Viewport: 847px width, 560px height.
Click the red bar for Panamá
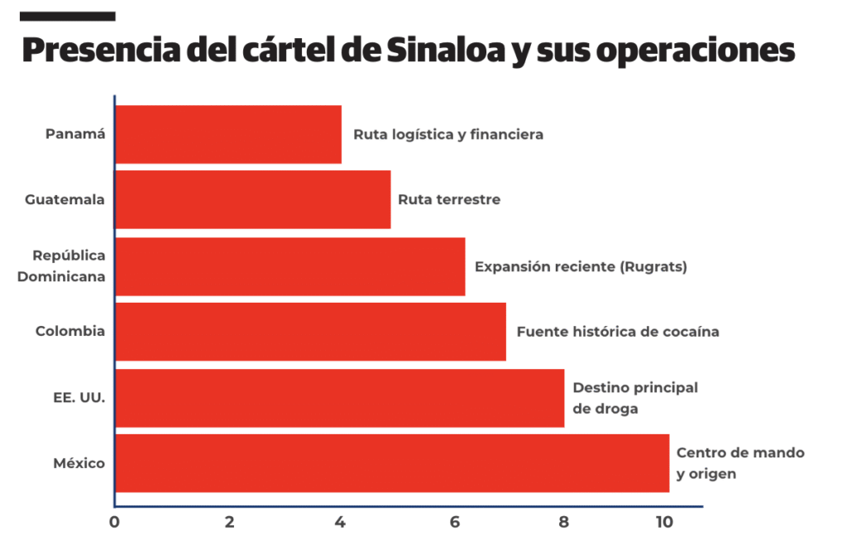pos(228,134)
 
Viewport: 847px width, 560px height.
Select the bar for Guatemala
pos(252,199)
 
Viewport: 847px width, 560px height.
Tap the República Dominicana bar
pos(290,266)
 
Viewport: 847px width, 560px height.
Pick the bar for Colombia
pos(310,332)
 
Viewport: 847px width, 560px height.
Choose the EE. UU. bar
pos(339,398)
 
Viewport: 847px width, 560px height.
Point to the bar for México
pos(391,463)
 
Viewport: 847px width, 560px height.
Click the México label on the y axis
pos(79,463)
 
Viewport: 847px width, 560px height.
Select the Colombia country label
pos(70,331)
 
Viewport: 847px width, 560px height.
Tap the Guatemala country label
pos(65,199)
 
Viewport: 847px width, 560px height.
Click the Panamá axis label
pos(75,134)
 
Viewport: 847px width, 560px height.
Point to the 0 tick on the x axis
pos(114,522)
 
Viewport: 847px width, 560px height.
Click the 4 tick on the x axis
pos(339,522)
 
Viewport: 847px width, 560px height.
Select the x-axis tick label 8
pos(563,522)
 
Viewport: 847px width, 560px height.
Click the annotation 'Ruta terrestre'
pos(449,199)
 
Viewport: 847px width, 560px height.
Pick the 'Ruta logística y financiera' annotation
pos(448,134)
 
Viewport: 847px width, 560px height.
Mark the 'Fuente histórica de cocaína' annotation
pos(618,332)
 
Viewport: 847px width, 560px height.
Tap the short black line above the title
pos(68,16)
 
